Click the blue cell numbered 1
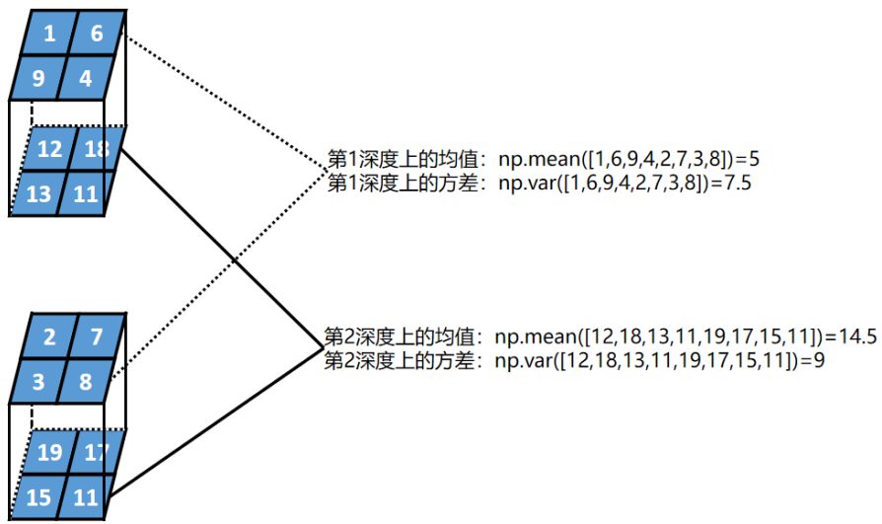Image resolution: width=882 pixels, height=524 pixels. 48,35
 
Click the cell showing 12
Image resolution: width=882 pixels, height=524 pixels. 49,150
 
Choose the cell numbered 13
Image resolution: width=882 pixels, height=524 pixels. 38,192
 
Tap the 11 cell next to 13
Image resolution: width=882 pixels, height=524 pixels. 85,191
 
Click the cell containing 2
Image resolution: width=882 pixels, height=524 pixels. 49,339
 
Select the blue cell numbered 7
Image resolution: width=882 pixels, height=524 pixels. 97,337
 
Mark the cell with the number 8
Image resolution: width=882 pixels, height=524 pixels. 86,380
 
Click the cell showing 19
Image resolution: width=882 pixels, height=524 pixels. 49,454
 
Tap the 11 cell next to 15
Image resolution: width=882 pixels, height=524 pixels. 85,495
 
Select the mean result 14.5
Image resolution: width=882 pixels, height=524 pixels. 857,336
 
